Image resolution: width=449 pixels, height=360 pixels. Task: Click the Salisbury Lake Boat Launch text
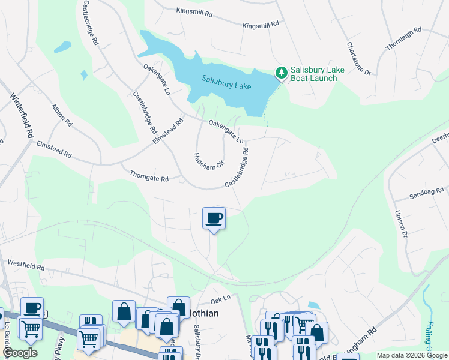317,74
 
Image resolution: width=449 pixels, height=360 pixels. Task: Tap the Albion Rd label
62,115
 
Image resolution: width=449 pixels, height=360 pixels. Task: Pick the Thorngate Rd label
149,176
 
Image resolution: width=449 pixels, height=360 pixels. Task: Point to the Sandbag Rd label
425,193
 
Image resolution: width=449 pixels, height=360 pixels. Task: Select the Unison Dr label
402,224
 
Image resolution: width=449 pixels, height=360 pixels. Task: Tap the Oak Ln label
220,299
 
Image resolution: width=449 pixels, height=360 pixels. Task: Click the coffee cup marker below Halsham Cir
214,218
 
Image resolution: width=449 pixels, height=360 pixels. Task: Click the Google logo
20,353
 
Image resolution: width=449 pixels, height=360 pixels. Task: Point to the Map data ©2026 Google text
412,355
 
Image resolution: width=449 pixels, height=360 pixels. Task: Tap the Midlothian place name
203,313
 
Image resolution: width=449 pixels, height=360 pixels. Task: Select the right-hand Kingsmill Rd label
261,25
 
